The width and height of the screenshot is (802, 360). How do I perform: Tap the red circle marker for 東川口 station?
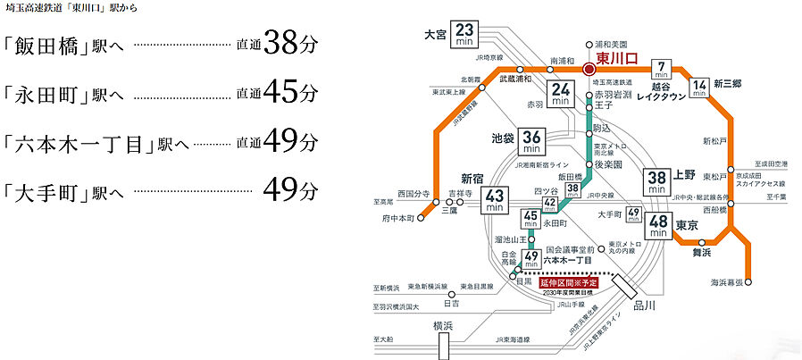(589, 68)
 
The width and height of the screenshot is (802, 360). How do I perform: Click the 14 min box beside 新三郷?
(700, 89)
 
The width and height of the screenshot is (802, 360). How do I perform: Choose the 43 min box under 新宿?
(494, 199)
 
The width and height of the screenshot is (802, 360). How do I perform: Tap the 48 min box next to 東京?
(660, 226)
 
